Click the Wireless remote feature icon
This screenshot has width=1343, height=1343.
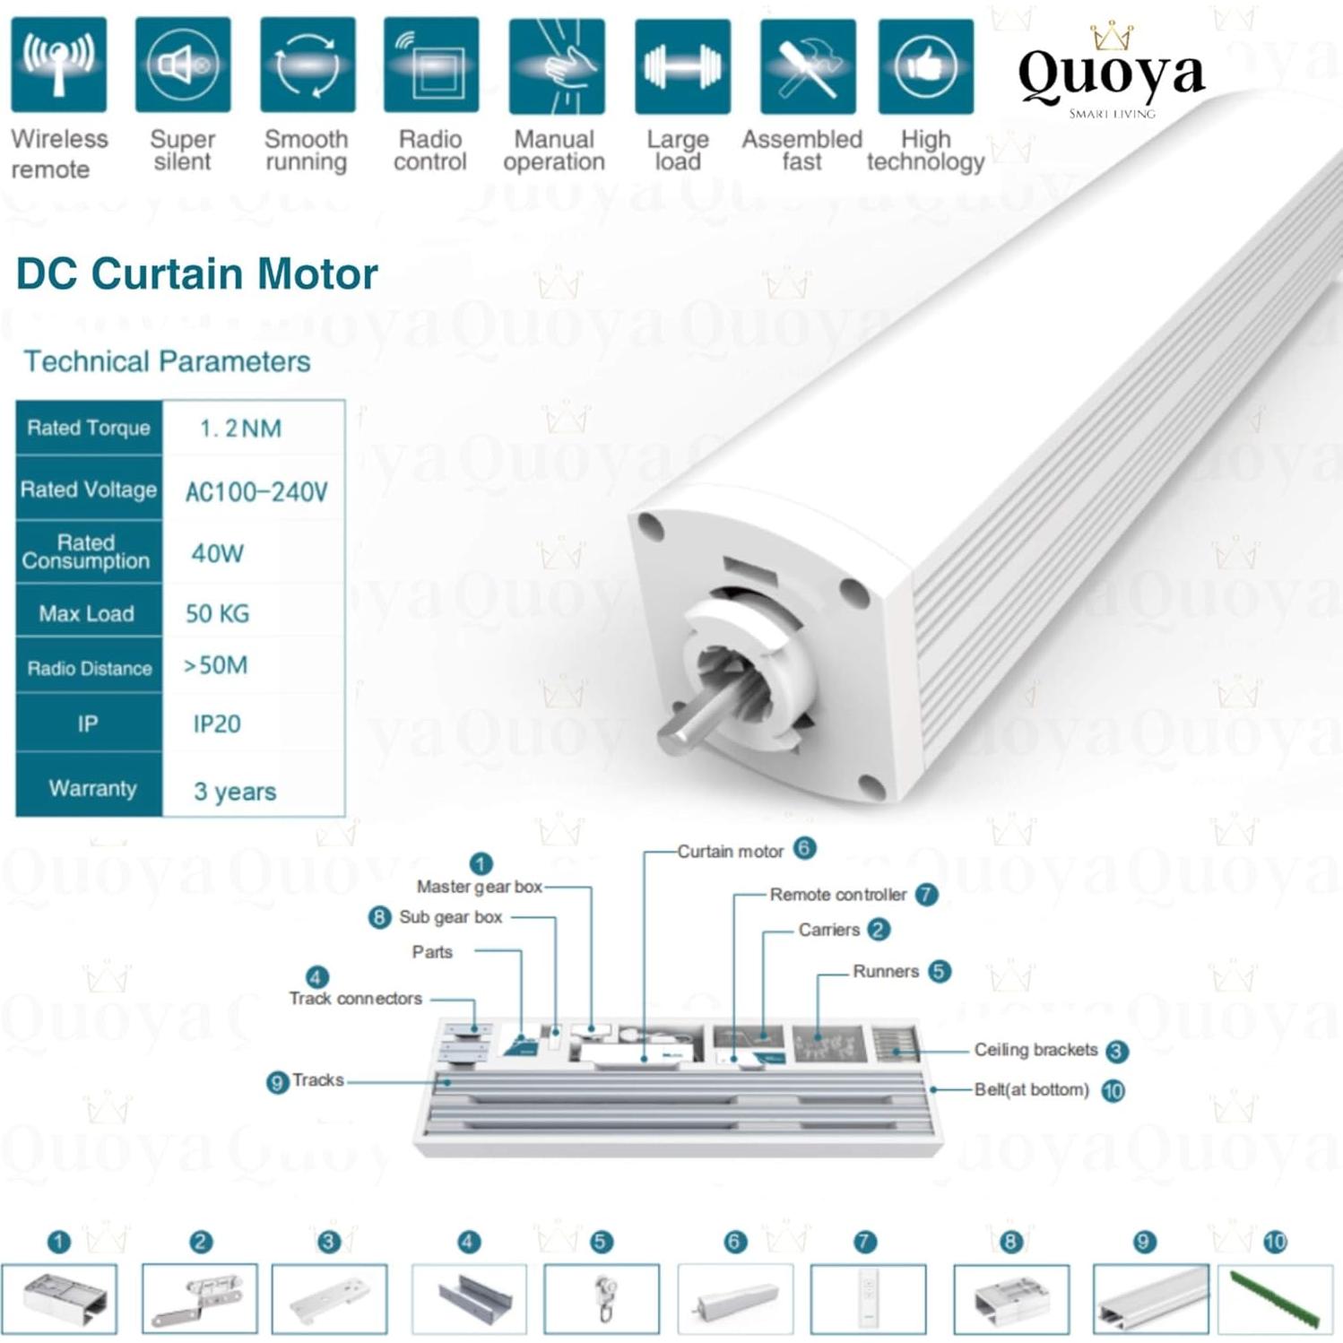[58, 65]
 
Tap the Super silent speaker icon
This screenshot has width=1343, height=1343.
[183, 65]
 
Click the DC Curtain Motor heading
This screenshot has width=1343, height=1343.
[197, 273]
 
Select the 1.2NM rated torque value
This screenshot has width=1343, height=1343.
[240, 429]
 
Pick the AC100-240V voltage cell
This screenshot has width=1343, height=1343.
[256, 491]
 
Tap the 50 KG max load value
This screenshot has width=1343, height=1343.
[218, 614]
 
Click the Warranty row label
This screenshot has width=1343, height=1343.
[92, 788]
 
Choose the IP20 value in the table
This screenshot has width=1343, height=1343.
[217, 724]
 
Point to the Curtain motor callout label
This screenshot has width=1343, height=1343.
[730, 851]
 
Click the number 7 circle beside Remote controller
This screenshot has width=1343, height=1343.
[927, 894]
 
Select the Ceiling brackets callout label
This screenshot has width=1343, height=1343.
[1035, 1050]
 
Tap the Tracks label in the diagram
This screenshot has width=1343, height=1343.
[317, 1080]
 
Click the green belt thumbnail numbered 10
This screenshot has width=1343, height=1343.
[1274, 1297]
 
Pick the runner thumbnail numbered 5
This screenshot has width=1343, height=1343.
[602, 1299]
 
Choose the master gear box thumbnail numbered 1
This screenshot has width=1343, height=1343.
[59, 1299]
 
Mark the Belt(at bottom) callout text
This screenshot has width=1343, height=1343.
[1031, 1090]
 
